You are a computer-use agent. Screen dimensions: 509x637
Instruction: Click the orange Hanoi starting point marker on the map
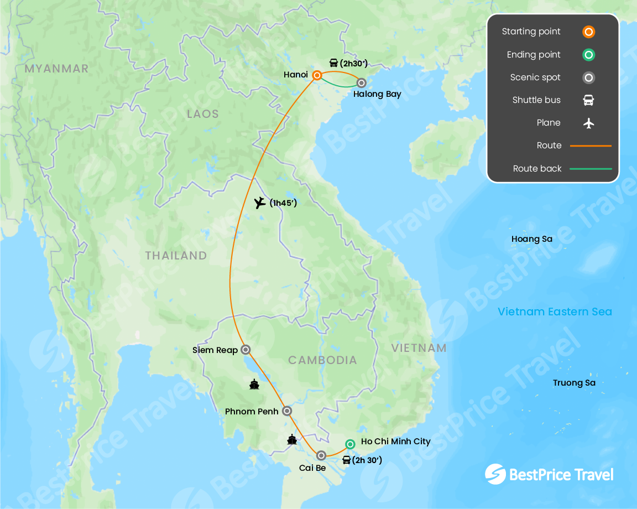click(317, 75)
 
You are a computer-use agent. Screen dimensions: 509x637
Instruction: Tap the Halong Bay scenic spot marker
click(361, 83)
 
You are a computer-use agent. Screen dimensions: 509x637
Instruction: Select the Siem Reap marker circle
click(246, 350)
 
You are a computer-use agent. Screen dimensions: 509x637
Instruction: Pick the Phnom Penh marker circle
click(287, 411)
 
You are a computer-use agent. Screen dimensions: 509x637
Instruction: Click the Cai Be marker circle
click(321, 455)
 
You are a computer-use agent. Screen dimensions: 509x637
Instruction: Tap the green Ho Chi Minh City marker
click(350, 444)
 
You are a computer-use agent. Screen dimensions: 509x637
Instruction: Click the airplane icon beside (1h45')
click(260, 202)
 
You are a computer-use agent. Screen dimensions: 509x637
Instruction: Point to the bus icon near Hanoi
click(333, 63)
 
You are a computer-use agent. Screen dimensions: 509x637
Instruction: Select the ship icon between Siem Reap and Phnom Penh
click(254, 384)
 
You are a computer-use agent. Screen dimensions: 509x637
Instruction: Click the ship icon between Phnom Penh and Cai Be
click(292, 440)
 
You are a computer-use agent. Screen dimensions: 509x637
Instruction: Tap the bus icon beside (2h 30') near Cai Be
click(346, 460)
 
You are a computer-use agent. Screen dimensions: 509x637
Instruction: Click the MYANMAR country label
click(56, 69)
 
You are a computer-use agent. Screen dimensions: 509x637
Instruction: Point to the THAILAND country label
click(176, 256)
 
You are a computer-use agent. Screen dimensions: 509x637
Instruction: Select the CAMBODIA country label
click(322, 360)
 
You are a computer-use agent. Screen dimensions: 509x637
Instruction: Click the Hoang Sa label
click(532, 239)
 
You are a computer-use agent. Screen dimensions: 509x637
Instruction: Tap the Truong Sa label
click(574, 383)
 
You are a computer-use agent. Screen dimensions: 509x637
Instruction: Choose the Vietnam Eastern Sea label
click(555, 311)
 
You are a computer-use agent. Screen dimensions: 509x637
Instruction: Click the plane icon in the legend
click(589, 123)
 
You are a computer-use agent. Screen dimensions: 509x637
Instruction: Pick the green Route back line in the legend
click(591, 169)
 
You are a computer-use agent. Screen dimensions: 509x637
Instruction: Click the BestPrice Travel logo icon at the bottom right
click(495, 474)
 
